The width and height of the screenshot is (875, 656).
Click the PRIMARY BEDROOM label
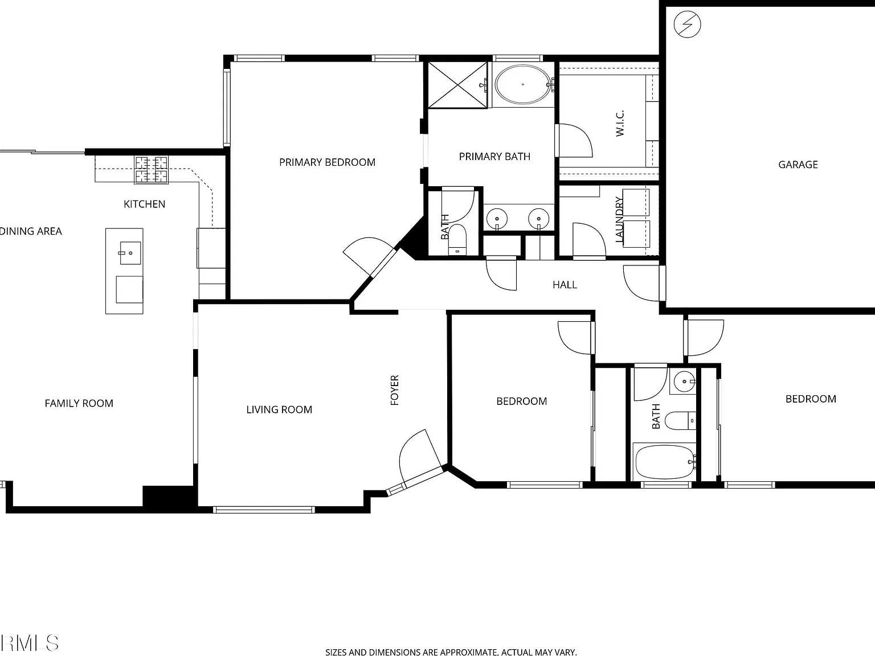[328, 162]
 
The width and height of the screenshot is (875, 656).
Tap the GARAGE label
[798, 165]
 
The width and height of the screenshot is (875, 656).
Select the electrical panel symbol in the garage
[687, 24]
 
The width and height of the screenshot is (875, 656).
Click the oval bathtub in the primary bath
[523, 84]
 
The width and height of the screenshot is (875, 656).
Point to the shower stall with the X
[457, 85]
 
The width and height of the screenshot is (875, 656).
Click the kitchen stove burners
[151, 170]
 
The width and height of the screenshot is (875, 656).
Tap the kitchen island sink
[130, 253]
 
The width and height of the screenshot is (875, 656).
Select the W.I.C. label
[620, 124]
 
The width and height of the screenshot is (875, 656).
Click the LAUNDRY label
[619, 219]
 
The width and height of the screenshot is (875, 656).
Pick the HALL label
[565, 285]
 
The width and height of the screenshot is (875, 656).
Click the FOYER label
[394, 390]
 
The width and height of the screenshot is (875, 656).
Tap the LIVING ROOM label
[279, 409]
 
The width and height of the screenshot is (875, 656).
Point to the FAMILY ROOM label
[79, 404]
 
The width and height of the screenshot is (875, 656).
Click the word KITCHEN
[144, 204]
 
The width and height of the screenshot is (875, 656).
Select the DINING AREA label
[31, 231]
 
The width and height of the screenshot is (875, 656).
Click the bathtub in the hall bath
[665, 462]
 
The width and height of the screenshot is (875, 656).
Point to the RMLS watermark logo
[29, 643]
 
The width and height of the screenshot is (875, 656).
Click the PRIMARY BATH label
[494, 157]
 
